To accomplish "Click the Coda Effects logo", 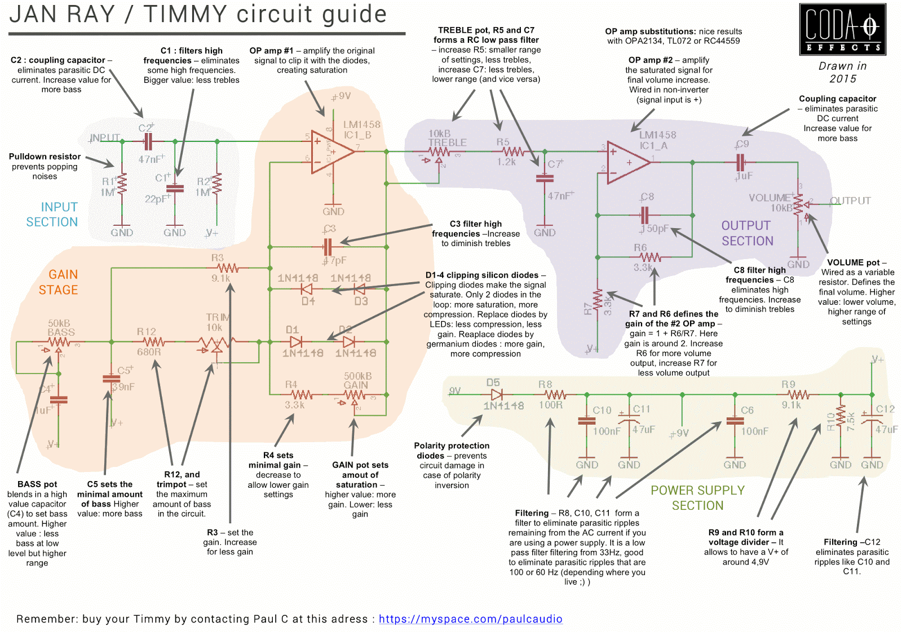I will coord(842,29).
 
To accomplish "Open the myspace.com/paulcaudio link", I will coord(470,619).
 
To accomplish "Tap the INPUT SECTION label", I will coord(52,215).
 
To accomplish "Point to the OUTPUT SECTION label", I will coord(747,233).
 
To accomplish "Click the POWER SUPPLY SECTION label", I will coord(697,498).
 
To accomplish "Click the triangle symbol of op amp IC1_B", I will coord(332,151).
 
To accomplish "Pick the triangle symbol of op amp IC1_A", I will coord(627,162).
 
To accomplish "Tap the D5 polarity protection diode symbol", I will coord(497,395).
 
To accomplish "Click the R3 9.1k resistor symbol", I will coord(228,268).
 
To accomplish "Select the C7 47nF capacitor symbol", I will coord(545,178).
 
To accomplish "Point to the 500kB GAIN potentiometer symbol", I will coord(355,395).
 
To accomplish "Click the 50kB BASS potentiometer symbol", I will coord(59,342).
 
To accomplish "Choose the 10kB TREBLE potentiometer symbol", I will coord(439,152).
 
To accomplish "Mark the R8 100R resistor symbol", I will coord(555,395).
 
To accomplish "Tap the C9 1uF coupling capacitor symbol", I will coord(741,163).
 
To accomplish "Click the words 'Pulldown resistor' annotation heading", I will coord(45,157).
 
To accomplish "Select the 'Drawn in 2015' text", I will coord(842,73).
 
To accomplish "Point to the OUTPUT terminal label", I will coord(850,201).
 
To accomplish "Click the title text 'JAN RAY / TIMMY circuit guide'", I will coord(198,15).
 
